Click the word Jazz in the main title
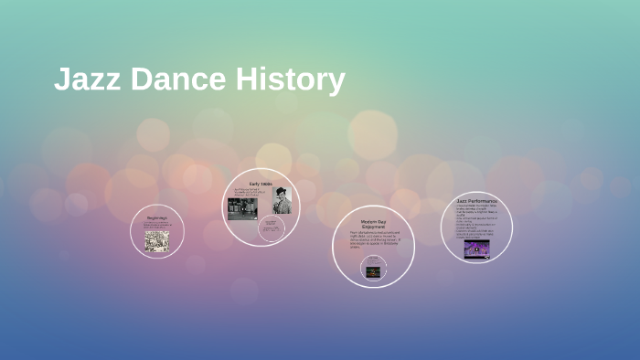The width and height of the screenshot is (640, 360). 88,79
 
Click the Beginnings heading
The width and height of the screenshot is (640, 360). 157,217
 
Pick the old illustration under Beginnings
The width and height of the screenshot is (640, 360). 156,239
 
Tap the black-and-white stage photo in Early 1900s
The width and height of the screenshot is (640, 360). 241,209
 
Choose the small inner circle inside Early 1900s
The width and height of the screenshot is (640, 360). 272,228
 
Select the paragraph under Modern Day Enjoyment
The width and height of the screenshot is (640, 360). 373,238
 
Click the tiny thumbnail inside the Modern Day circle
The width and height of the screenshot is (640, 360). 373,270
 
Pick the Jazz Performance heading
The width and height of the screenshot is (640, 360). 475,199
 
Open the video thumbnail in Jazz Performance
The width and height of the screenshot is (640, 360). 476,249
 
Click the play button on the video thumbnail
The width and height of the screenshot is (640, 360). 476,249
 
